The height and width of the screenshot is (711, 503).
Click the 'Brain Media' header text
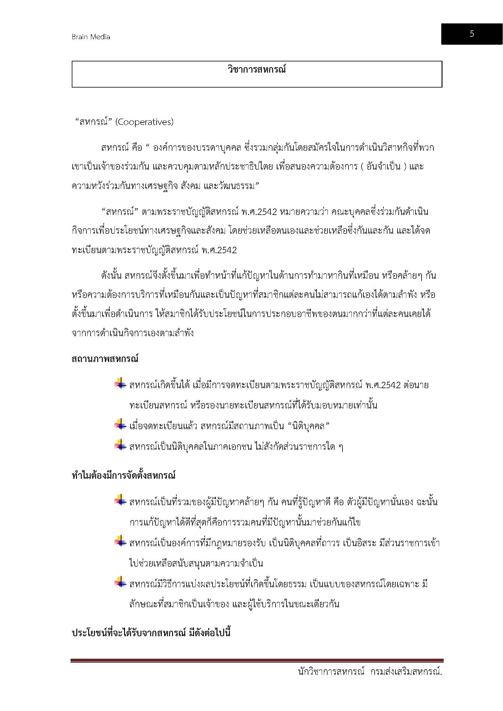[91, 37]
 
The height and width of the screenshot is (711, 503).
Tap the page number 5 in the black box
[471, 34]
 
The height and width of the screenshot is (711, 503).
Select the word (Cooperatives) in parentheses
[144, 122]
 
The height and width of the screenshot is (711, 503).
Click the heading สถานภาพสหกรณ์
[105, 359]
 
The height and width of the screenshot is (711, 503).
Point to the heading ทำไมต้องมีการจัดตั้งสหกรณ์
[123, 475]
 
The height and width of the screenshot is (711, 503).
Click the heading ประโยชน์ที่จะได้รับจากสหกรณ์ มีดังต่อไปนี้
[151, 633]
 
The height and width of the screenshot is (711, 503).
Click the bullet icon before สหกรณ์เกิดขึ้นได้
[120, 384]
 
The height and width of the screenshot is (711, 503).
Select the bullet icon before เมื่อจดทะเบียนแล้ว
[120, 425]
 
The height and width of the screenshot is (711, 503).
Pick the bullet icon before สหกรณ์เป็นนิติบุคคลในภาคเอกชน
[120, 446]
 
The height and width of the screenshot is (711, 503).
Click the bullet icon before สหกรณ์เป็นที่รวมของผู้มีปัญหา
[120, 500]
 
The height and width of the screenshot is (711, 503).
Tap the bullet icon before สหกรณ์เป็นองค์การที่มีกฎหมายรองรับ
[120, 542]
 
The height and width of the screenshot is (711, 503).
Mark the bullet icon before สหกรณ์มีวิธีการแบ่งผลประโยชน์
[120, 583]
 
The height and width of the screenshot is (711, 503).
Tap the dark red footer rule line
[257, 660]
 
